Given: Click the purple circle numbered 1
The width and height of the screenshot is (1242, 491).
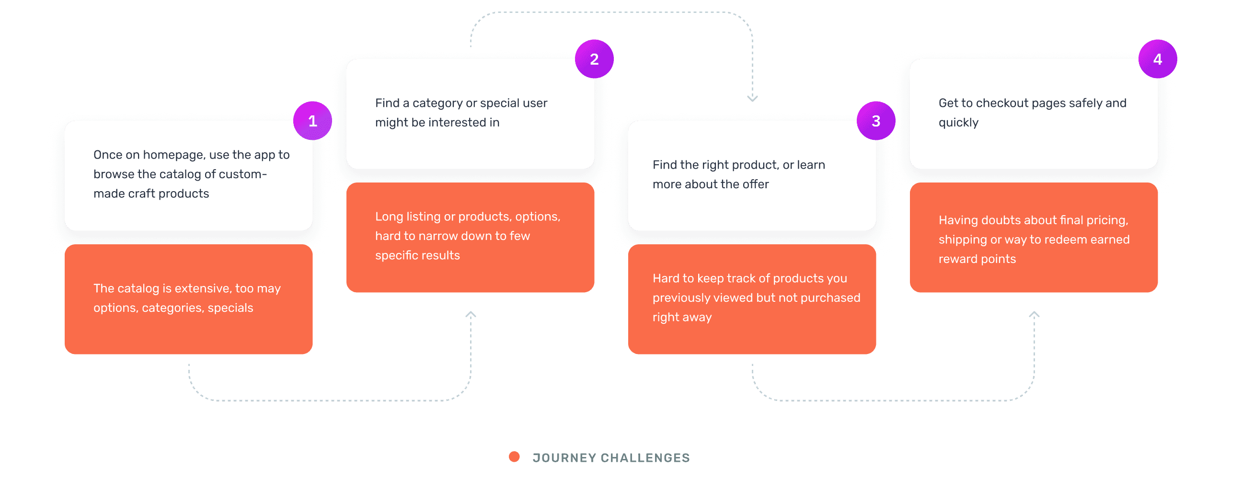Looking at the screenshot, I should [312, 120].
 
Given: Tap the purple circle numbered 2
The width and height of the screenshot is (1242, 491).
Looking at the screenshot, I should [594, 59].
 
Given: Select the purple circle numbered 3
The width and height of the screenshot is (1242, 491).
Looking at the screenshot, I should [875, 120].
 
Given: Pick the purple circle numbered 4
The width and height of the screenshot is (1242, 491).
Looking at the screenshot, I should [1157, 59].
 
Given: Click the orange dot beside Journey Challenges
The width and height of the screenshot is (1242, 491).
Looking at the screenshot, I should [514, 457].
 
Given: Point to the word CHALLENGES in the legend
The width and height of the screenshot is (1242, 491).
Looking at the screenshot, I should [645, 457].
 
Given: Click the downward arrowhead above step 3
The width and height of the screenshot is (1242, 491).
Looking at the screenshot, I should [752, 98].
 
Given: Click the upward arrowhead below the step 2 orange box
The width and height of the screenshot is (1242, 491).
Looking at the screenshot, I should [471, 315].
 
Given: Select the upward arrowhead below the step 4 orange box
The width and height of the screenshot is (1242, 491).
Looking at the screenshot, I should [1034, 315].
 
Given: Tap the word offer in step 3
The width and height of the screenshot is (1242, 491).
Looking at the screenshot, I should [755, 184].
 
